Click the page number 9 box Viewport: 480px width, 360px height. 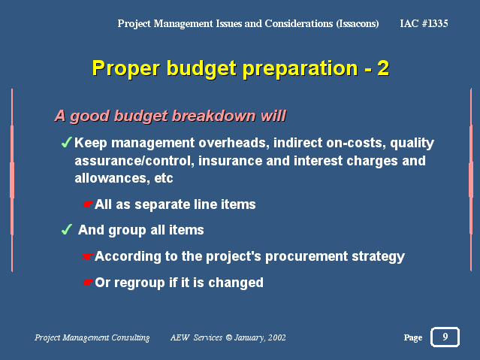coord(445,337)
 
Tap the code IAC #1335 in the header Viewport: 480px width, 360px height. coord(424,23)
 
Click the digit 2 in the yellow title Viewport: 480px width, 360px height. coord(383,68)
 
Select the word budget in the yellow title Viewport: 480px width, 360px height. coord(201,69)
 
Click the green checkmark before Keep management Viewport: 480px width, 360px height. coord(66,142)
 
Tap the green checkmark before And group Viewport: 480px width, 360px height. coord(67,229)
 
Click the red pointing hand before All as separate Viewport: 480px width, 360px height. coord(87,204)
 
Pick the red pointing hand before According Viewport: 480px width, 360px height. coord(87,256)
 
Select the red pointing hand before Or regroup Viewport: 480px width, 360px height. coord(87,282)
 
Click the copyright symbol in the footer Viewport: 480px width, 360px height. coord(228,337)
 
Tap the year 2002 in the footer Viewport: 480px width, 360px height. coord(276,337)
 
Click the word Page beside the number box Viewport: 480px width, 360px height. coord(413,337)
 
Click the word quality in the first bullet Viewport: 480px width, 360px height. coord(412,143)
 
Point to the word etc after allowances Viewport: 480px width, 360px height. coord(164,178)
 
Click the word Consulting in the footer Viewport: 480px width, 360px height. coord(131,337)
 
